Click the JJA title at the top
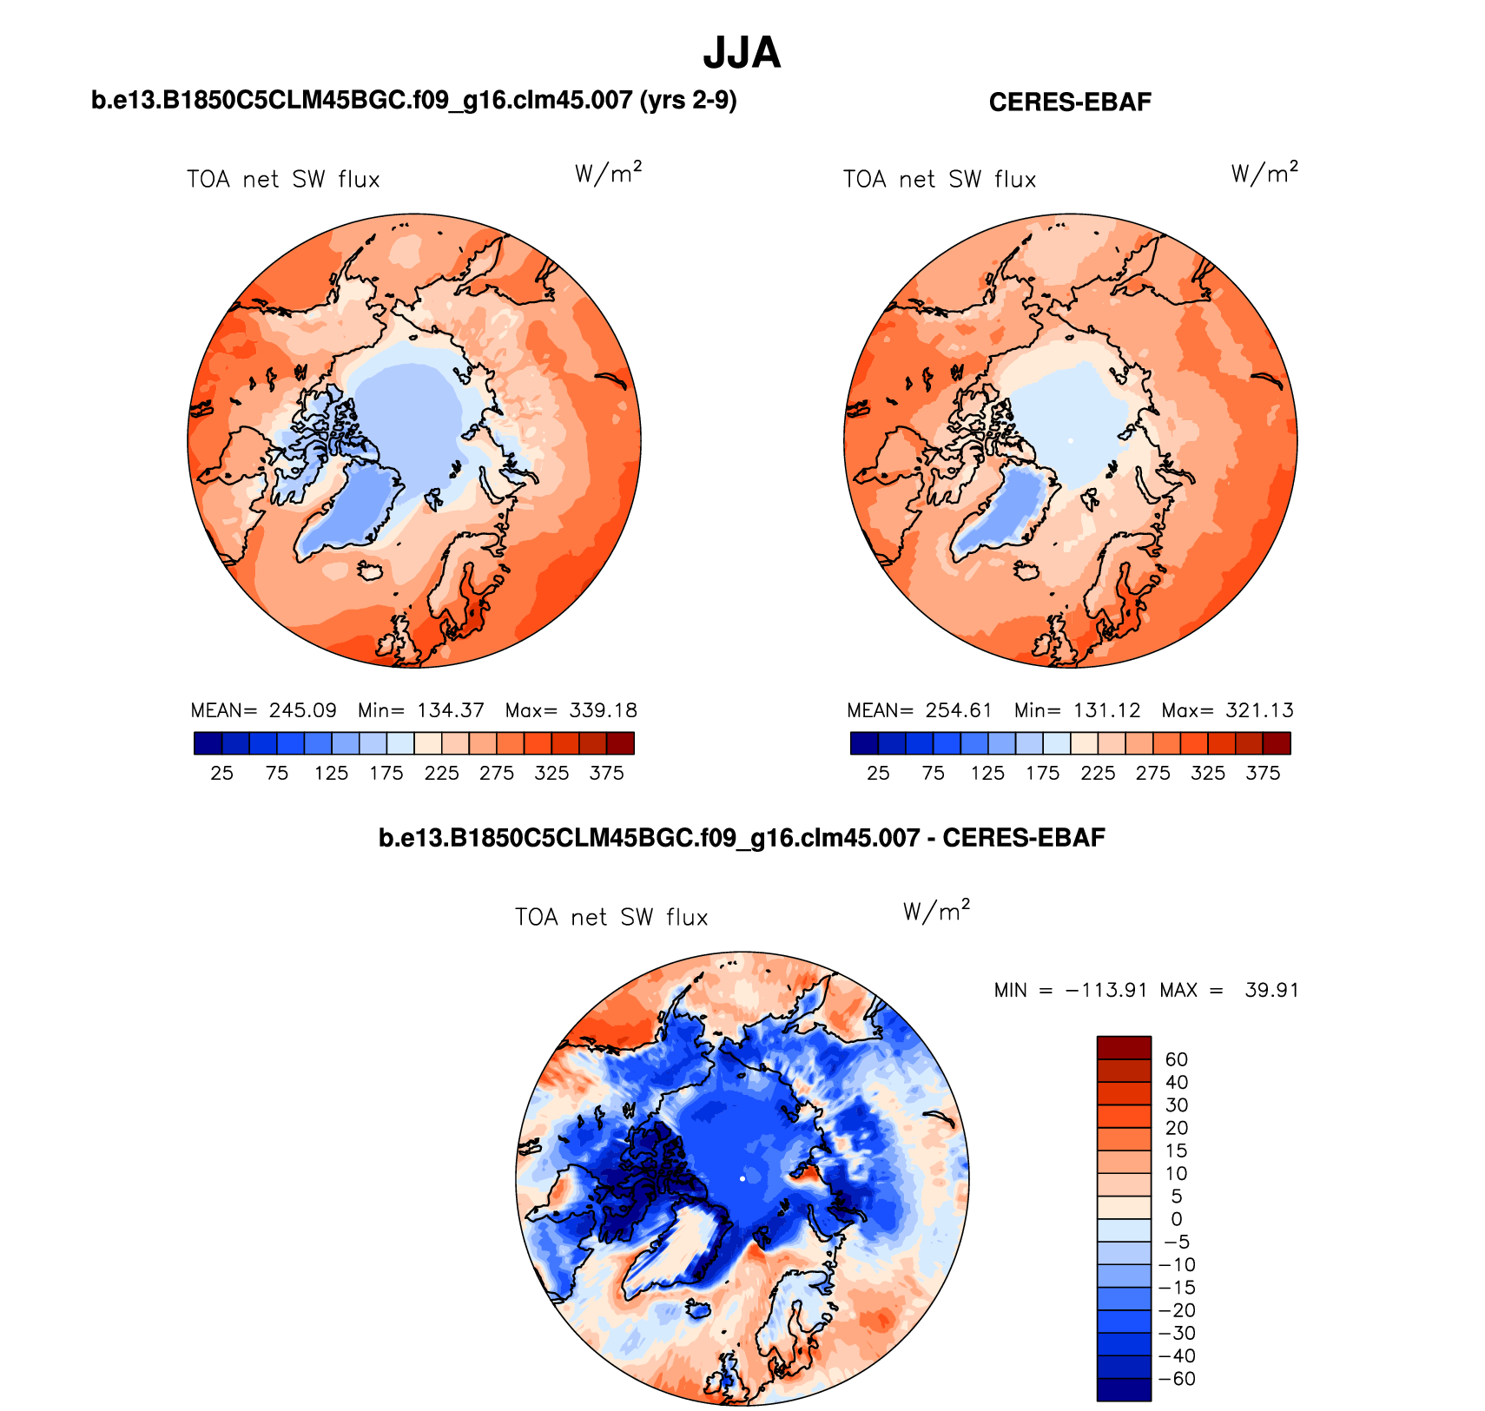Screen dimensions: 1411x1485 point(742,54)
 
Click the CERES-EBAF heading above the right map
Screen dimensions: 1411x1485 point(1070,102)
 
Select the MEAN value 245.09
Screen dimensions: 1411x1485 point(302,710)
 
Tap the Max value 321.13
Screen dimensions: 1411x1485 point(1259,710)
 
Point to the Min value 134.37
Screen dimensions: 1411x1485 point(450,710)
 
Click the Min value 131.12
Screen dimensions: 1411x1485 point(1106,710)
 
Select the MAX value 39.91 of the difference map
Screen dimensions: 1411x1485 point(1271,991)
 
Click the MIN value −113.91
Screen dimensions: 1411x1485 point(1105,991)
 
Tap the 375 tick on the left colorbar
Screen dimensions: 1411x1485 point(606,774)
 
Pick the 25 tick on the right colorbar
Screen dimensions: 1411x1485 point(878,774)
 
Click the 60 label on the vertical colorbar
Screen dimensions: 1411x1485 point(1176,1059)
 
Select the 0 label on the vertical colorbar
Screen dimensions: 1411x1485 point(1176,1219)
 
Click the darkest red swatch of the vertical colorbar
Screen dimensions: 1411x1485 point(1124,1047)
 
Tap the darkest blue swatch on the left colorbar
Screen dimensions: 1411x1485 point(208,743)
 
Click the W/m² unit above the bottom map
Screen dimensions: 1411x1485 point(935,911)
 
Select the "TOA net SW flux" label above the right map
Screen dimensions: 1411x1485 point(940,180)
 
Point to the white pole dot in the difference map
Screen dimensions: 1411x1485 point(742,1178)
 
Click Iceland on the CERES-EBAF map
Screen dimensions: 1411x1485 point(1027,571)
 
